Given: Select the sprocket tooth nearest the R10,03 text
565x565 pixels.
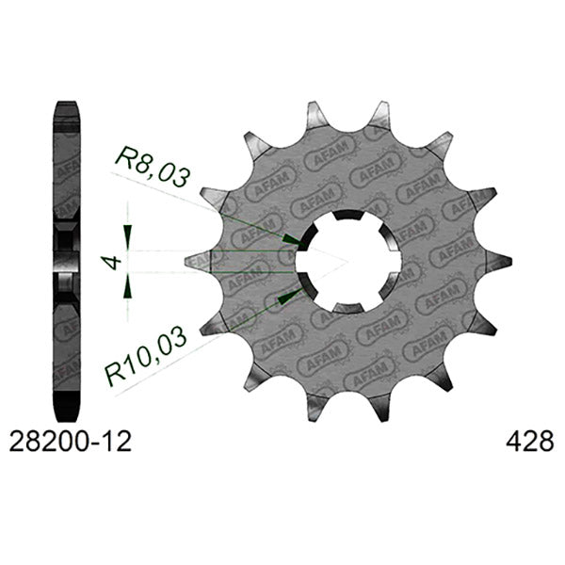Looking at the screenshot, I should click(x=214, y=324).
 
